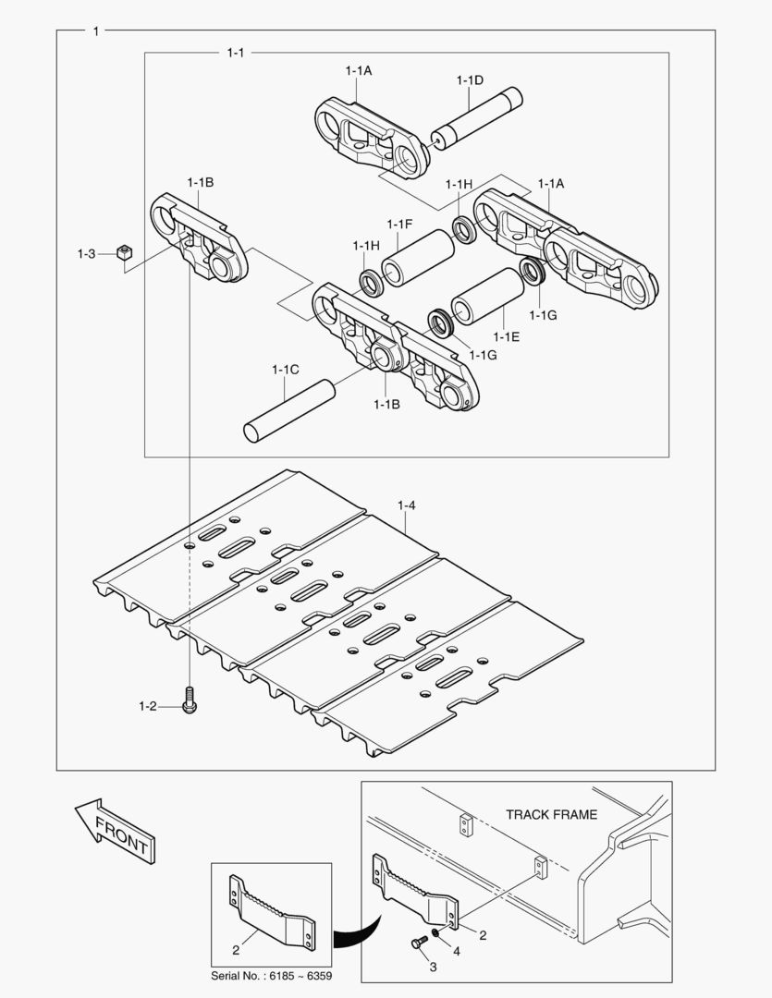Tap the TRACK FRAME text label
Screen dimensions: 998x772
tap(551, 814)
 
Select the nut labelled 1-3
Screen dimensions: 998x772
tap(124, 252)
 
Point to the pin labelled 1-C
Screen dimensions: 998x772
tap(288, 411)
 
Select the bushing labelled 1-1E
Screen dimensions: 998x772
tap(485, 296)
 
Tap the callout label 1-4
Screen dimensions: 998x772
tap(407, 505)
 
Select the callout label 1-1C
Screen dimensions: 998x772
tap(285, 370)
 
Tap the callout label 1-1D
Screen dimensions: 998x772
tap(470, 80)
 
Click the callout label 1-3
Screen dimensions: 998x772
tap(87, 253)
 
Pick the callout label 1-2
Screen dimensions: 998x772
tap(148, 707)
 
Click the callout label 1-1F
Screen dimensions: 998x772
tap(399, 225)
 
